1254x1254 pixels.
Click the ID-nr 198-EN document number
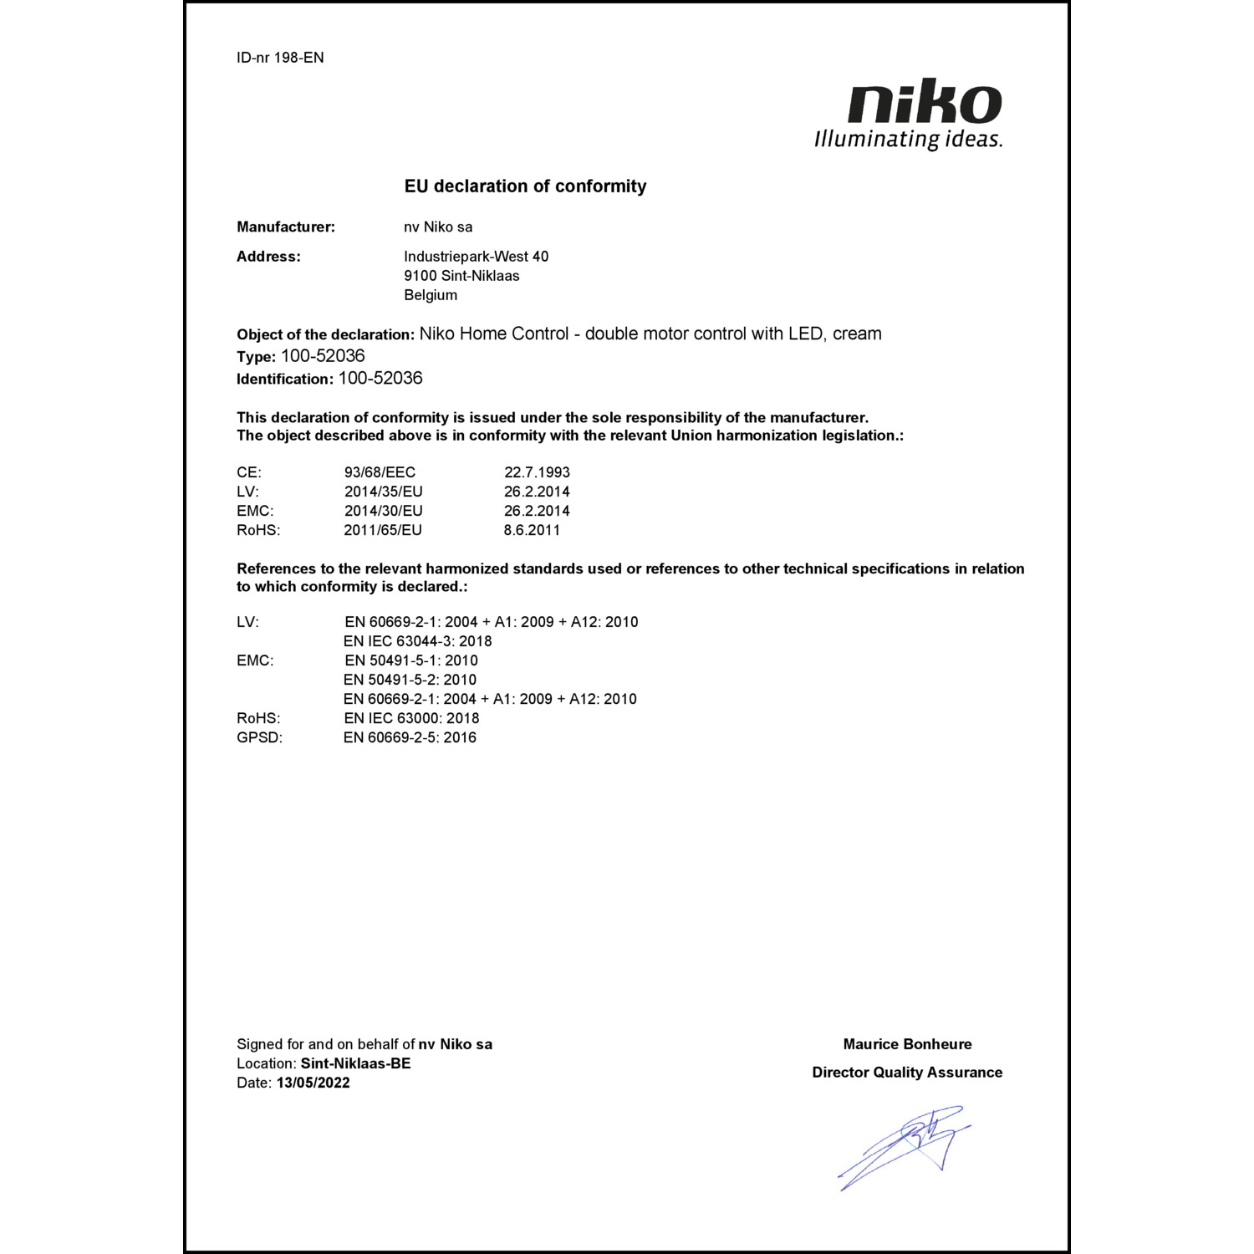[280, 58]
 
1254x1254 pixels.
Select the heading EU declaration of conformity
[525, 186]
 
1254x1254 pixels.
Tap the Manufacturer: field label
[285, 227]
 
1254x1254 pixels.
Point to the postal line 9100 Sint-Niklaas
[461, 276]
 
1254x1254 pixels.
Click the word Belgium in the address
[431, 295]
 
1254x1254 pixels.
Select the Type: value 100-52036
[323, 356]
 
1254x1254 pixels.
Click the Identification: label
[284, 379]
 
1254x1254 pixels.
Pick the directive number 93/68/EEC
[380, 472]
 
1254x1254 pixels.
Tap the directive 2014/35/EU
[383, 492]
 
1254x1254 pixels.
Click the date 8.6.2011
[532, 530]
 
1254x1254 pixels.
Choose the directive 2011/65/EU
[383, 530]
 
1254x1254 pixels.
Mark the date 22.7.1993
[537, 472]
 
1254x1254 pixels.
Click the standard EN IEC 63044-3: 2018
[417, 641]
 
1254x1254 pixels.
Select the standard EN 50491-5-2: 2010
[410, 680]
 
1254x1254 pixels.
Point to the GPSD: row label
[259, 737]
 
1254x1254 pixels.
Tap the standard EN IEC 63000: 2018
[411, 718]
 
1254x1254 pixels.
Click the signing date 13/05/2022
[313, 1083]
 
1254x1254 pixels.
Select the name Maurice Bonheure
[907, 1044]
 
